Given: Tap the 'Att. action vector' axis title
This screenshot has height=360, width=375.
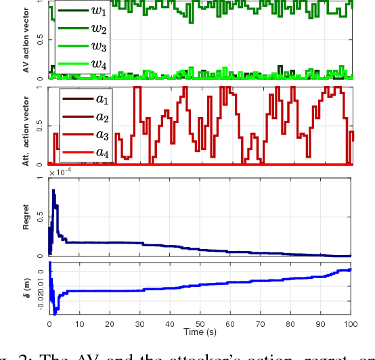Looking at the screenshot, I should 25,127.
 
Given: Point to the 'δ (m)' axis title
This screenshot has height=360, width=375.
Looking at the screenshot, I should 26,288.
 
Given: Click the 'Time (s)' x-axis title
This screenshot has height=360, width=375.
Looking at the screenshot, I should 200,333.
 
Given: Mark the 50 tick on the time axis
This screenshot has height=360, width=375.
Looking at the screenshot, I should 200,324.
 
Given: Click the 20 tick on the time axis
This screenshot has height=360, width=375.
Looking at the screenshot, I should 110,324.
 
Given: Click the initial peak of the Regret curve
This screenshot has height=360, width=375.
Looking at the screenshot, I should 53,190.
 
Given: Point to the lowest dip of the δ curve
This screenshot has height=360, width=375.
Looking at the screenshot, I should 55,314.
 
